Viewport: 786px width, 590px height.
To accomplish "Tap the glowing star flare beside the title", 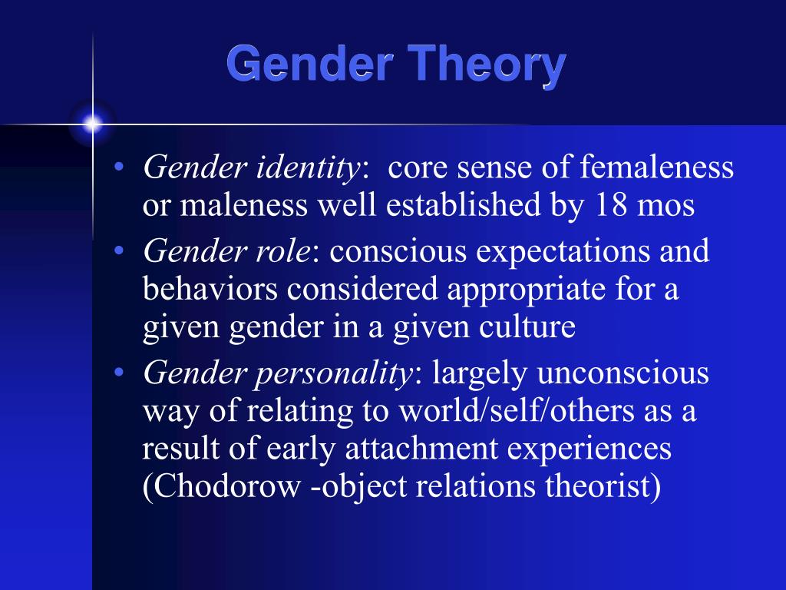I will (93, 123).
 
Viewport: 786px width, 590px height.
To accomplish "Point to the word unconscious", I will (623, 373).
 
